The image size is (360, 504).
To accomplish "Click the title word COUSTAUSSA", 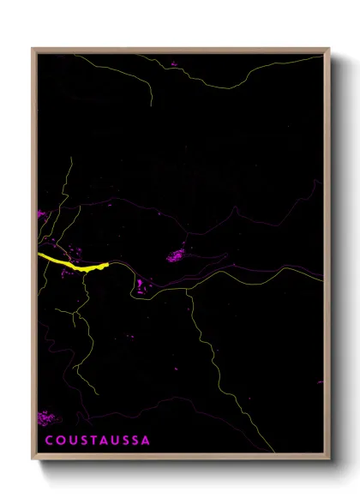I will pyautogui.click(x=97, y=441).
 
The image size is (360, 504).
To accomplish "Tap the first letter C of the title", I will pyautogui.click(x=48, y=441).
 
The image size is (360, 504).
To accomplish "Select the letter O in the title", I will pyautogui.click(x=59, y=441).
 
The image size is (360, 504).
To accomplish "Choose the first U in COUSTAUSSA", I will pyautogui.click(x=70, y=441).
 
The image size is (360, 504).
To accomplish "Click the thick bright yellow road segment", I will pyautogui.click(x=73, y=261).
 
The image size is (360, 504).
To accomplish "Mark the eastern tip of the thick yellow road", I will pyautogui.click(x=109, y=265).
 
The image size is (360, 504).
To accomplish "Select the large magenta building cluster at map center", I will pyautogui.click(x=175, y=255).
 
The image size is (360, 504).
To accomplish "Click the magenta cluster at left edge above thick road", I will pyautogui.click(x=40, y=213).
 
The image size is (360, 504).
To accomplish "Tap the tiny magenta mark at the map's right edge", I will pyautogui.click(x=321, y=382).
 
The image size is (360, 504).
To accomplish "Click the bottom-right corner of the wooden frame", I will pyautogui.click(x=329, y=460).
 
